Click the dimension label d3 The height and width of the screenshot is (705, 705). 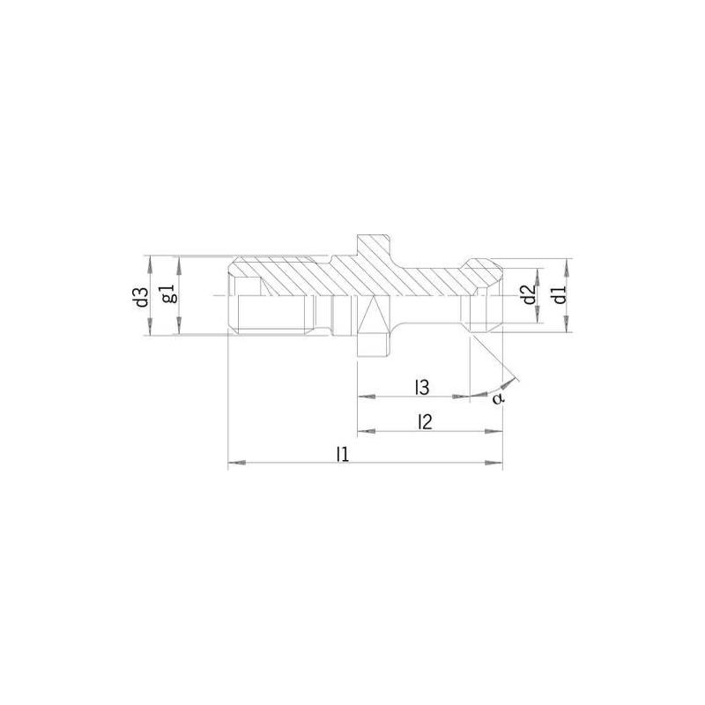click(140, 296)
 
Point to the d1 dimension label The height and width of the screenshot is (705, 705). click(558, 295)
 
